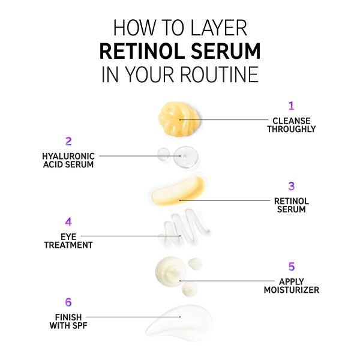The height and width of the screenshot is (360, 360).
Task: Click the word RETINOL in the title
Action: pyautogui.click(x=142, y=51)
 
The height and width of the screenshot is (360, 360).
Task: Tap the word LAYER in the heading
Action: pyautogui.click(x=219, y=28)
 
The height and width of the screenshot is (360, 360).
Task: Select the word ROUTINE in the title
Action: pyautogui.click(x=220, y=74)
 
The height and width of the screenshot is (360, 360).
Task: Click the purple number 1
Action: pyautogui.click(x=292, y=106)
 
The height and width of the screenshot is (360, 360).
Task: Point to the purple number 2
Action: pyautogui.click(x=68, y=141)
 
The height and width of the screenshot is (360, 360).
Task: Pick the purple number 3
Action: pyautogui.click(x=292, y=186)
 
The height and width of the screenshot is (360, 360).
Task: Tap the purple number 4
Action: pyautogui.click(x=68, y=222)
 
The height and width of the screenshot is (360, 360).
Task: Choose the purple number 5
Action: pyautogui.click(x=292, y=266)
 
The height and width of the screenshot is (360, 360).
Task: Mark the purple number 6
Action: pyautogui.click(x=68, y=302)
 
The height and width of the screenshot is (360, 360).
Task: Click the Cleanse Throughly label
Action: pyautogui.click(x=292, y=125)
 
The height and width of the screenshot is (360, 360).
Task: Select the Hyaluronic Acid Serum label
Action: pyautogui.click(x=68, y=160)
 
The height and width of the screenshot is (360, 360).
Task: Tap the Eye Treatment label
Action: pyautogui.click(x=68, y=241)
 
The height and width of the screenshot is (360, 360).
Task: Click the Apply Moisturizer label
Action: pyautogui.click(x=292, y=286)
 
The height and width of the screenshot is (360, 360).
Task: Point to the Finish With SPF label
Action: pyautogui.click(x=68, y=321)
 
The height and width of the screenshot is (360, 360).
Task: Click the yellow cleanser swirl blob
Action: pyautogui.click(x=179, y=119)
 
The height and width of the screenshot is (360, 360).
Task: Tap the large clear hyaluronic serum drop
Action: pyautogui.click(x=186, y=157)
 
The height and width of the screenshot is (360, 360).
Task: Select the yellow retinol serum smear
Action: pyautogui.click(x=178, y=191)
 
